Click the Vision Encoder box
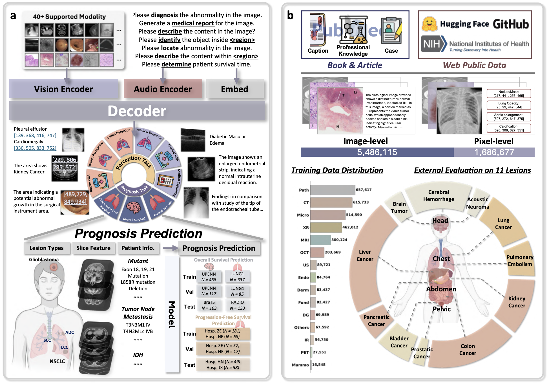point(64,89)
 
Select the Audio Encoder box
point(163,89)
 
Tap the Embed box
point(234,89)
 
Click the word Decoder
point(137,111)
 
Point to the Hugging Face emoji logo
point(429,24)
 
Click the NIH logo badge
point(434,44)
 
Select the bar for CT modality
point(331,202)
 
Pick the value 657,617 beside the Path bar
point(364,190)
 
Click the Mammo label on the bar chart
point(300,365)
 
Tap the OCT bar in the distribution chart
point(317,252)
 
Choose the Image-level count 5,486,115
point(377,152)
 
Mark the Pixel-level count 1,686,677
point(494,152)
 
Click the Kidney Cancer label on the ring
point(517,302)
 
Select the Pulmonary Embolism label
point(520,261)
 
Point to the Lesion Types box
point(47,248)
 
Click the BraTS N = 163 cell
point(209,305)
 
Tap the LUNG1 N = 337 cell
point(237,277)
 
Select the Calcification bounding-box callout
point(509,128)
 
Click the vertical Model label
point(172,314)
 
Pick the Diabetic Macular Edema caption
point(228,140)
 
